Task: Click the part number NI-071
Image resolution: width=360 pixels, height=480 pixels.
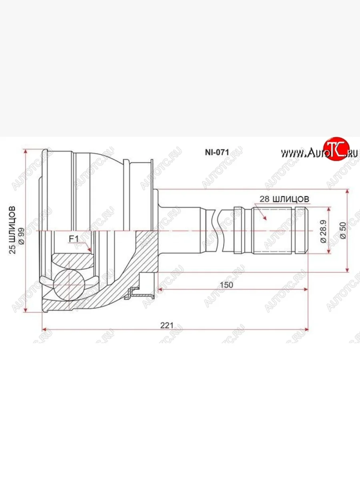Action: (x=217, y=152)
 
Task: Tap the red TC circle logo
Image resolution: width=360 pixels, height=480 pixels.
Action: (x=337, y=149)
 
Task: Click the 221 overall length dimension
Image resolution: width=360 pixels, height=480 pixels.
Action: (x=166, y=325)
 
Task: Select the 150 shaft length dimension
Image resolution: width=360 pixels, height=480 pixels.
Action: (x=226, y=285)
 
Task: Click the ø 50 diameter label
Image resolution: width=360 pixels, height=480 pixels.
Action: (x=343, y=230)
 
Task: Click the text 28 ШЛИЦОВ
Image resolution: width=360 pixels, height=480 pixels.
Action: (x=284, y=199)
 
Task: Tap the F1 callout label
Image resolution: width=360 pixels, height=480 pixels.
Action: (x=74, y=239)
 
